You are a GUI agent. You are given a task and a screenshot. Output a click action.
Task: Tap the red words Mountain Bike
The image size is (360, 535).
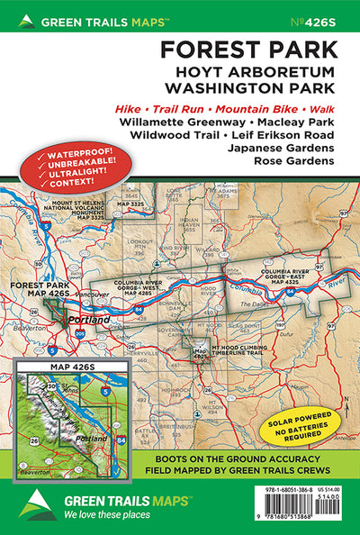[266, 109]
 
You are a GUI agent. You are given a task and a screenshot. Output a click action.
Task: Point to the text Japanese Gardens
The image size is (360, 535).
[280, 147]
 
